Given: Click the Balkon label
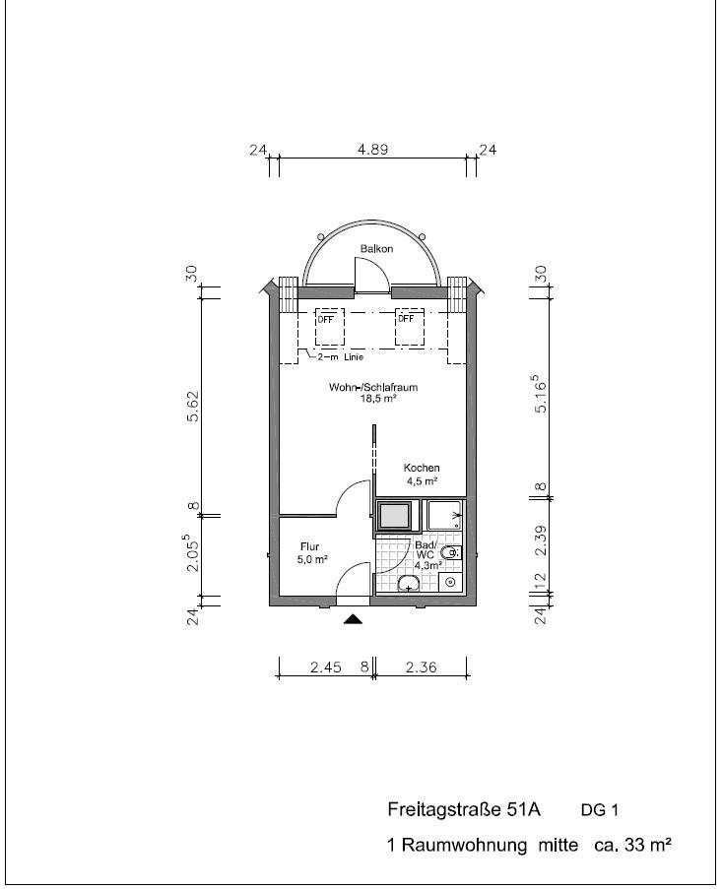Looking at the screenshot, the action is [376, 248].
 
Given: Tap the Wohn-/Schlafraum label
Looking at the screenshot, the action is [373, 387].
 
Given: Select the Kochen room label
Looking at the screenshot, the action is [422, 468].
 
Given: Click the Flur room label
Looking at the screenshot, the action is [309, 546].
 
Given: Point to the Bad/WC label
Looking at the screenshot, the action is [426, 549].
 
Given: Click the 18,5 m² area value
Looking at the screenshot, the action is [377, 399].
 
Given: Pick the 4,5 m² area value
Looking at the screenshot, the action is [422, 481].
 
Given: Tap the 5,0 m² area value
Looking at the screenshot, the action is [312, 559].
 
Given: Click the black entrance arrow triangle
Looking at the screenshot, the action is [353, 618].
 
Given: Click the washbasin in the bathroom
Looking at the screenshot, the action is [409, 583].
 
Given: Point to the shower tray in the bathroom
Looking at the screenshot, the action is [445, 515].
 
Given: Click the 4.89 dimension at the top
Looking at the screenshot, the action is [372, 150].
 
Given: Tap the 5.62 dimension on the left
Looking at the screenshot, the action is [193, 406].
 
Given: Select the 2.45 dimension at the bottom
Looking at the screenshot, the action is [326, 667].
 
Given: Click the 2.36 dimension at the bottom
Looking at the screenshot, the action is [422, 667].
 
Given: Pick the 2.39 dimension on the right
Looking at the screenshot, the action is [541, 540].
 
